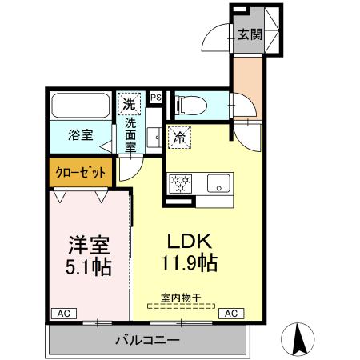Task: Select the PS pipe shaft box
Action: [x=156, y=98]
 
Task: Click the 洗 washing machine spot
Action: [x=128, y=103]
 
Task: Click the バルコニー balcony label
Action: [x=148, y=340]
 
